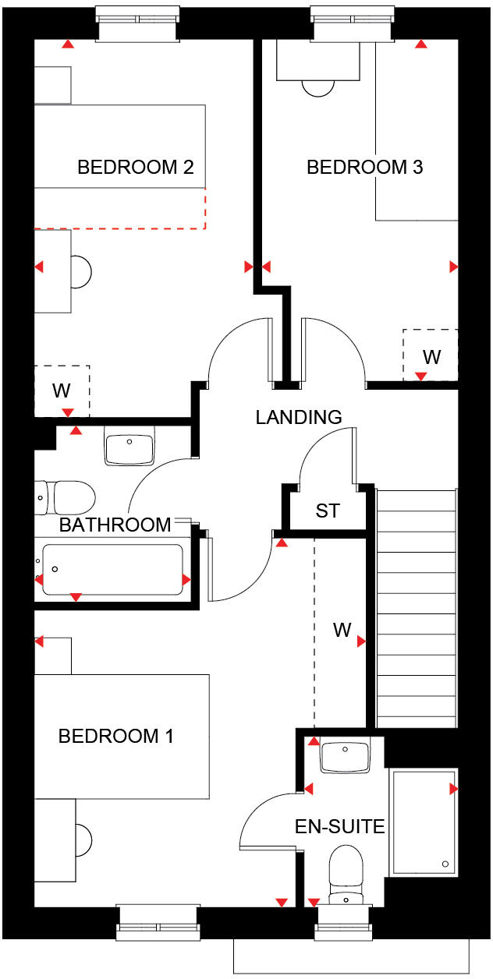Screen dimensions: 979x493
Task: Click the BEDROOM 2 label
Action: pos(135,167)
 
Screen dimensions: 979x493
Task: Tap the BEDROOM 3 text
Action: pos(364,167)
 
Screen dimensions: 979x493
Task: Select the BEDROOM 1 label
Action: pos(116,736)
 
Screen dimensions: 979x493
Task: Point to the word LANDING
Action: pos(298,417)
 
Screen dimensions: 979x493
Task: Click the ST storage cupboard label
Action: pos(328,511)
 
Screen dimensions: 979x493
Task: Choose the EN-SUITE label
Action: pos(339,826)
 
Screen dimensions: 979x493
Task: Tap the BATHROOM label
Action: pos(115,525)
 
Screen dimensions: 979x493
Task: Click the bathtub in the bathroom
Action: pos(112,570)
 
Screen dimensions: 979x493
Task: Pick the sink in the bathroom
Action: pos(129,447)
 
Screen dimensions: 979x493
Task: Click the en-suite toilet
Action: pos(344,873)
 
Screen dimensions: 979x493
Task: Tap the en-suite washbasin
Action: pos(346,755)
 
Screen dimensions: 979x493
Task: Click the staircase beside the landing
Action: pos(416,608)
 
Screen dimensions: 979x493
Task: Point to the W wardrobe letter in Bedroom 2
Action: pos(62,390)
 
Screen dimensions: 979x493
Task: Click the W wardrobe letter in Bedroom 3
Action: pos(431,357)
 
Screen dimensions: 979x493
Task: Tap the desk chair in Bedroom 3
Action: pos(318,88)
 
